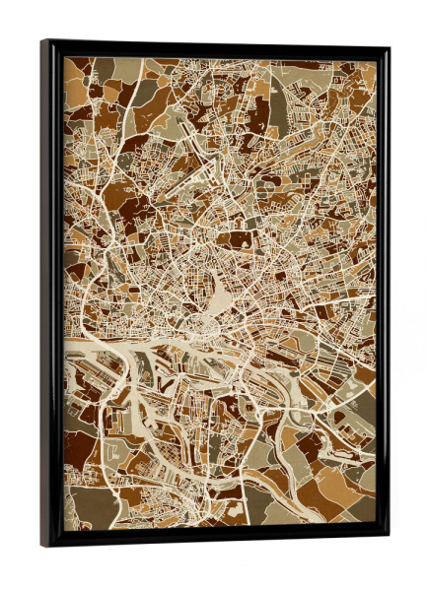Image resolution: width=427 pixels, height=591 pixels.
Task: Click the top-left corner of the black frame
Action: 43,42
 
